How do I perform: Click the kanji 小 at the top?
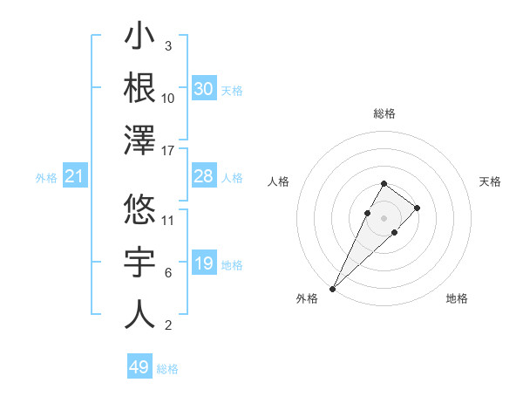(x=139, y=38)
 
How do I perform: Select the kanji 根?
(x=139, y=88)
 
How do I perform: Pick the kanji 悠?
(x=139, y=209)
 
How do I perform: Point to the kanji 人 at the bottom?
(x=139, y=314)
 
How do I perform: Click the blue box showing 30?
(x=203, y=89)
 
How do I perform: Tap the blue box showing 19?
(x=203, y=264)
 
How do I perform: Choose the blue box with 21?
(x=74, y=177)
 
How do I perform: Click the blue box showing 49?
(x=139, y=367)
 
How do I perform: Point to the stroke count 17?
(x=169, y=151)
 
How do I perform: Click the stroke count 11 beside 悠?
(x=169, y=219)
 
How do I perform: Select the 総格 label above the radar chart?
(x=384, y=113)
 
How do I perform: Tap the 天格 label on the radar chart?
(x=490, y=181)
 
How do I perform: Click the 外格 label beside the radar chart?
(x=307, y=298)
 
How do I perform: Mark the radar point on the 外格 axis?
(x=332, y=288)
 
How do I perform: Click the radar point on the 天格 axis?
(x=418, y=208)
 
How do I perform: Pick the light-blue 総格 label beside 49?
(x=167, y=369)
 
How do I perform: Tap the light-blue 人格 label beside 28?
(x=232, y=178)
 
